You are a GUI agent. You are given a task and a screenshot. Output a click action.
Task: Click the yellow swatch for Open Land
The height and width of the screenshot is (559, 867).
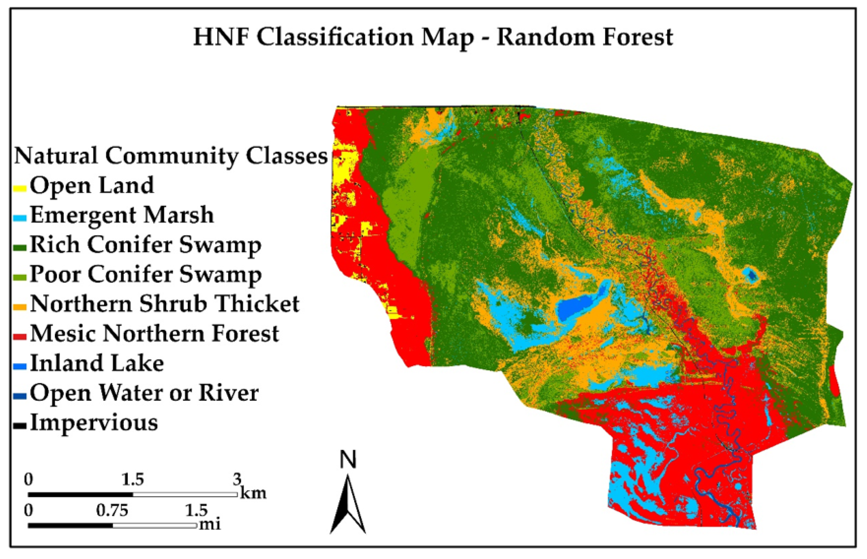(20, 189)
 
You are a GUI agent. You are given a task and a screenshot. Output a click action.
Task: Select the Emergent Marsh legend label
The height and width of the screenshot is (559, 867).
(122, 215)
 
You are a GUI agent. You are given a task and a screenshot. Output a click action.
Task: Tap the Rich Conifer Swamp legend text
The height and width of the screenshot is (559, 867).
(145, 245)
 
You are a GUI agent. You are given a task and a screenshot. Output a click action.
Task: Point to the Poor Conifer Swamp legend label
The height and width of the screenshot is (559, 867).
(145, 274)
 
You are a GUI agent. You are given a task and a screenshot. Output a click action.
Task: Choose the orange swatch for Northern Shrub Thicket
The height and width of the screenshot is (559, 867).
(20, 307)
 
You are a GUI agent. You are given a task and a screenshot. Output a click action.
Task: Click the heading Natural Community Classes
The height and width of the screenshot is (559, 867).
(171, 156)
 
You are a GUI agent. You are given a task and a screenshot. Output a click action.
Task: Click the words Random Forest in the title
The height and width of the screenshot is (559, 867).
(584, 37)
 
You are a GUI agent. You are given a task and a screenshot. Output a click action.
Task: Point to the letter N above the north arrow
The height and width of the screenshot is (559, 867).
(348, 460)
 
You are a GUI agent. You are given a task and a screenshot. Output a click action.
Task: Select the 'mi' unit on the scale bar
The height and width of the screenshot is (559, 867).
(210, 524)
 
